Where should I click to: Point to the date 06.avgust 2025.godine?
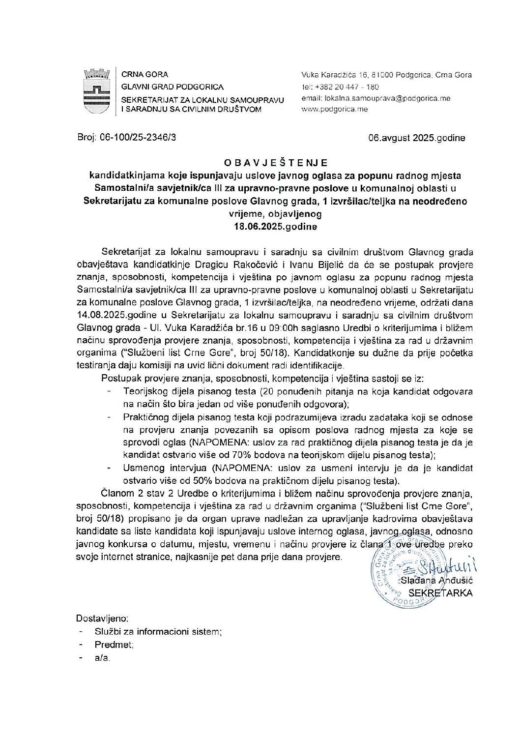click(417, 138)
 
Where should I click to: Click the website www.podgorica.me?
click(334, 109)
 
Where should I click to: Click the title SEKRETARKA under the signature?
click(441, 593)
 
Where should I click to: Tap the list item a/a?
click(102, 657)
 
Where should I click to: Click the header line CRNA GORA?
click(144, 75)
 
